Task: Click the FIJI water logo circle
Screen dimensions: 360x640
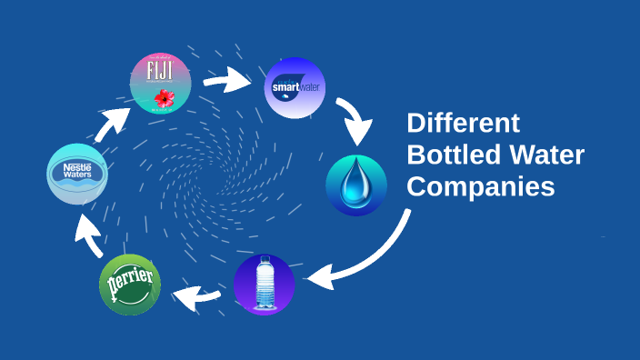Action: (x=161, y=83)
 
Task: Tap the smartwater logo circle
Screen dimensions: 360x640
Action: (x=295, y=88)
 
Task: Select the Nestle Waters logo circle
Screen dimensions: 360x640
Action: (x=78, y=174)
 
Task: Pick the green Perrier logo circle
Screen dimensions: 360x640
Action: (x=130, y=285)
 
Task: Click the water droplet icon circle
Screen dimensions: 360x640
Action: (x=356, y=185)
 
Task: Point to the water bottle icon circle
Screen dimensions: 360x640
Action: (x=265, y=285)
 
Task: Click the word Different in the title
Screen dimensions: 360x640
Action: (x=463, y=124)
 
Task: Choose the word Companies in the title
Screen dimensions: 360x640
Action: (x=480, y=186)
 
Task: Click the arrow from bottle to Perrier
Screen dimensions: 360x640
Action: (x=196, y=294)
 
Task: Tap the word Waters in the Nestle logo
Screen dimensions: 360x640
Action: (x=78, y=178)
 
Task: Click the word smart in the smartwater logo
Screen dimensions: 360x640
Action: (x=285, y=88)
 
